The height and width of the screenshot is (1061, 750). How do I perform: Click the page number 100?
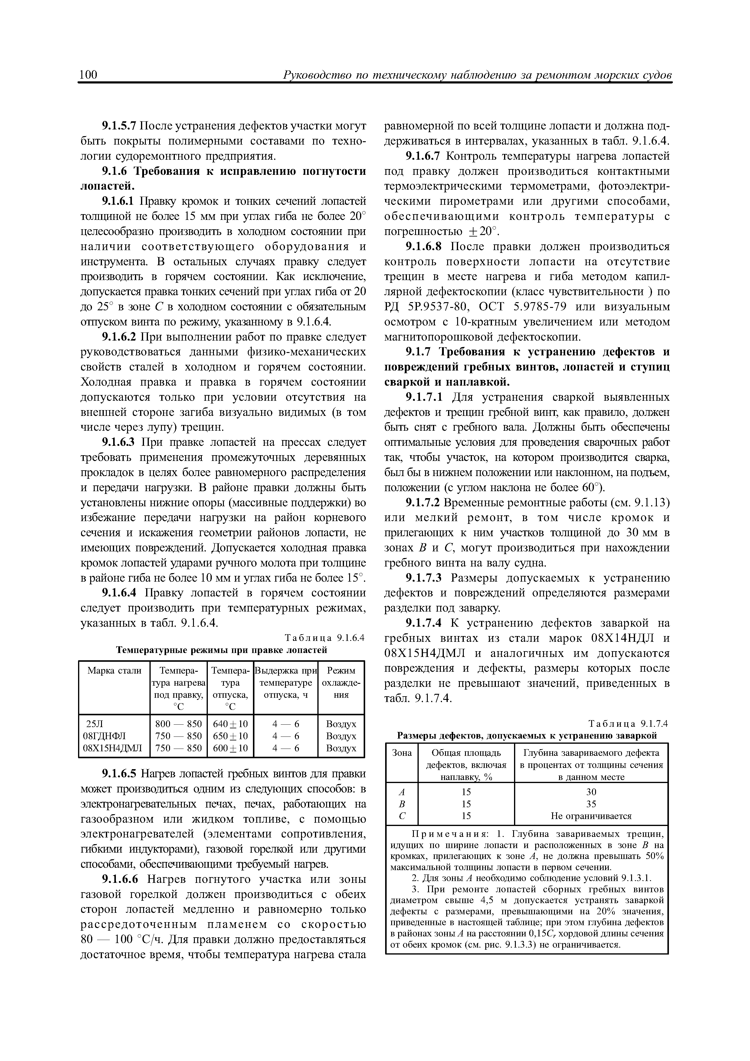click(x=88, y=75)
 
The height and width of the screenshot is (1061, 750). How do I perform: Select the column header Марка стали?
click(x=114, y=671)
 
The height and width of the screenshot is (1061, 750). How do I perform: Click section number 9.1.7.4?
click(x=423, y=623)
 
